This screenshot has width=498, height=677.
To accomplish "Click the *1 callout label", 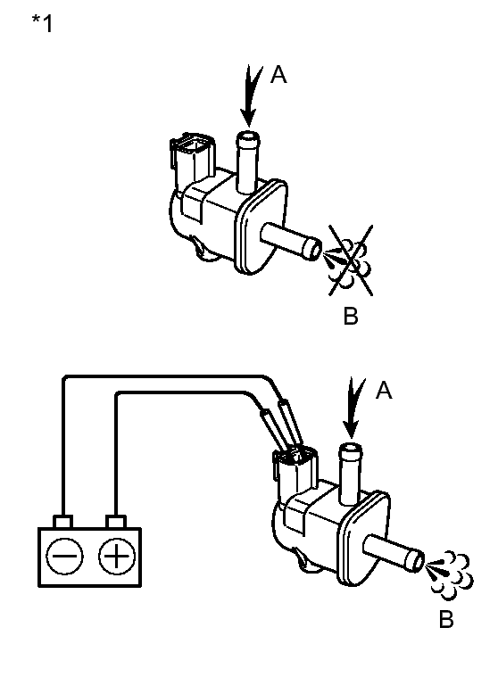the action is point(42,23).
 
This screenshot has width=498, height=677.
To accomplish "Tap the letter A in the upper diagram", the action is point(278,75).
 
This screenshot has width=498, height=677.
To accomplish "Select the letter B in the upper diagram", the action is point(351,316).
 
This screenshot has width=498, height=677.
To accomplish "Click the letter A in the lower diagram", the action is point(384,391).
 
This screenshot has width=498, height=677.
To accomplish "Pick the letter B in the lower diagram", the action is point(446,619).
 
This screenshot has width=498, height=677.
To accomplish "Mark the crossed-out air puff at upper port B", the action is point(349,260).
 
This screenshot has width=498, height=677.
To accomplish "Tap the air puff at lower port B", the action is point(449,575).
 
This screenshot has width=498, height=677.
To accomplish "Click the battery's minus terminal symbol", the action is point(65,556).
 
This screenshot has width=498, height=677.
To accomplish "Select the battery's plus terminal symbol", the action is point(117,556).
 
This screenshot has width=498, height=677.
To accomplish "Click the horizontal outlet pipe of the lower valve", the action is point(394,554).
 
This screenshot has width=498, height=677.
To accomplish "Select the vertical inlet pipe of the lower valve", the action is point(350,474).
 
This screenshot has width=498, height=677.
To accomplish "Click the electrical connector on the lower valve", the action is point(295,470).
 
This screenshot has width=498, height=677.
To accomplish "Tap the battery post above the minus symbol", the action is point(62,522).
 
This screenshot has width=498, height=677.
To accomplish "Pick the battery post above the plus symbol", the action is point(116,522).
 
